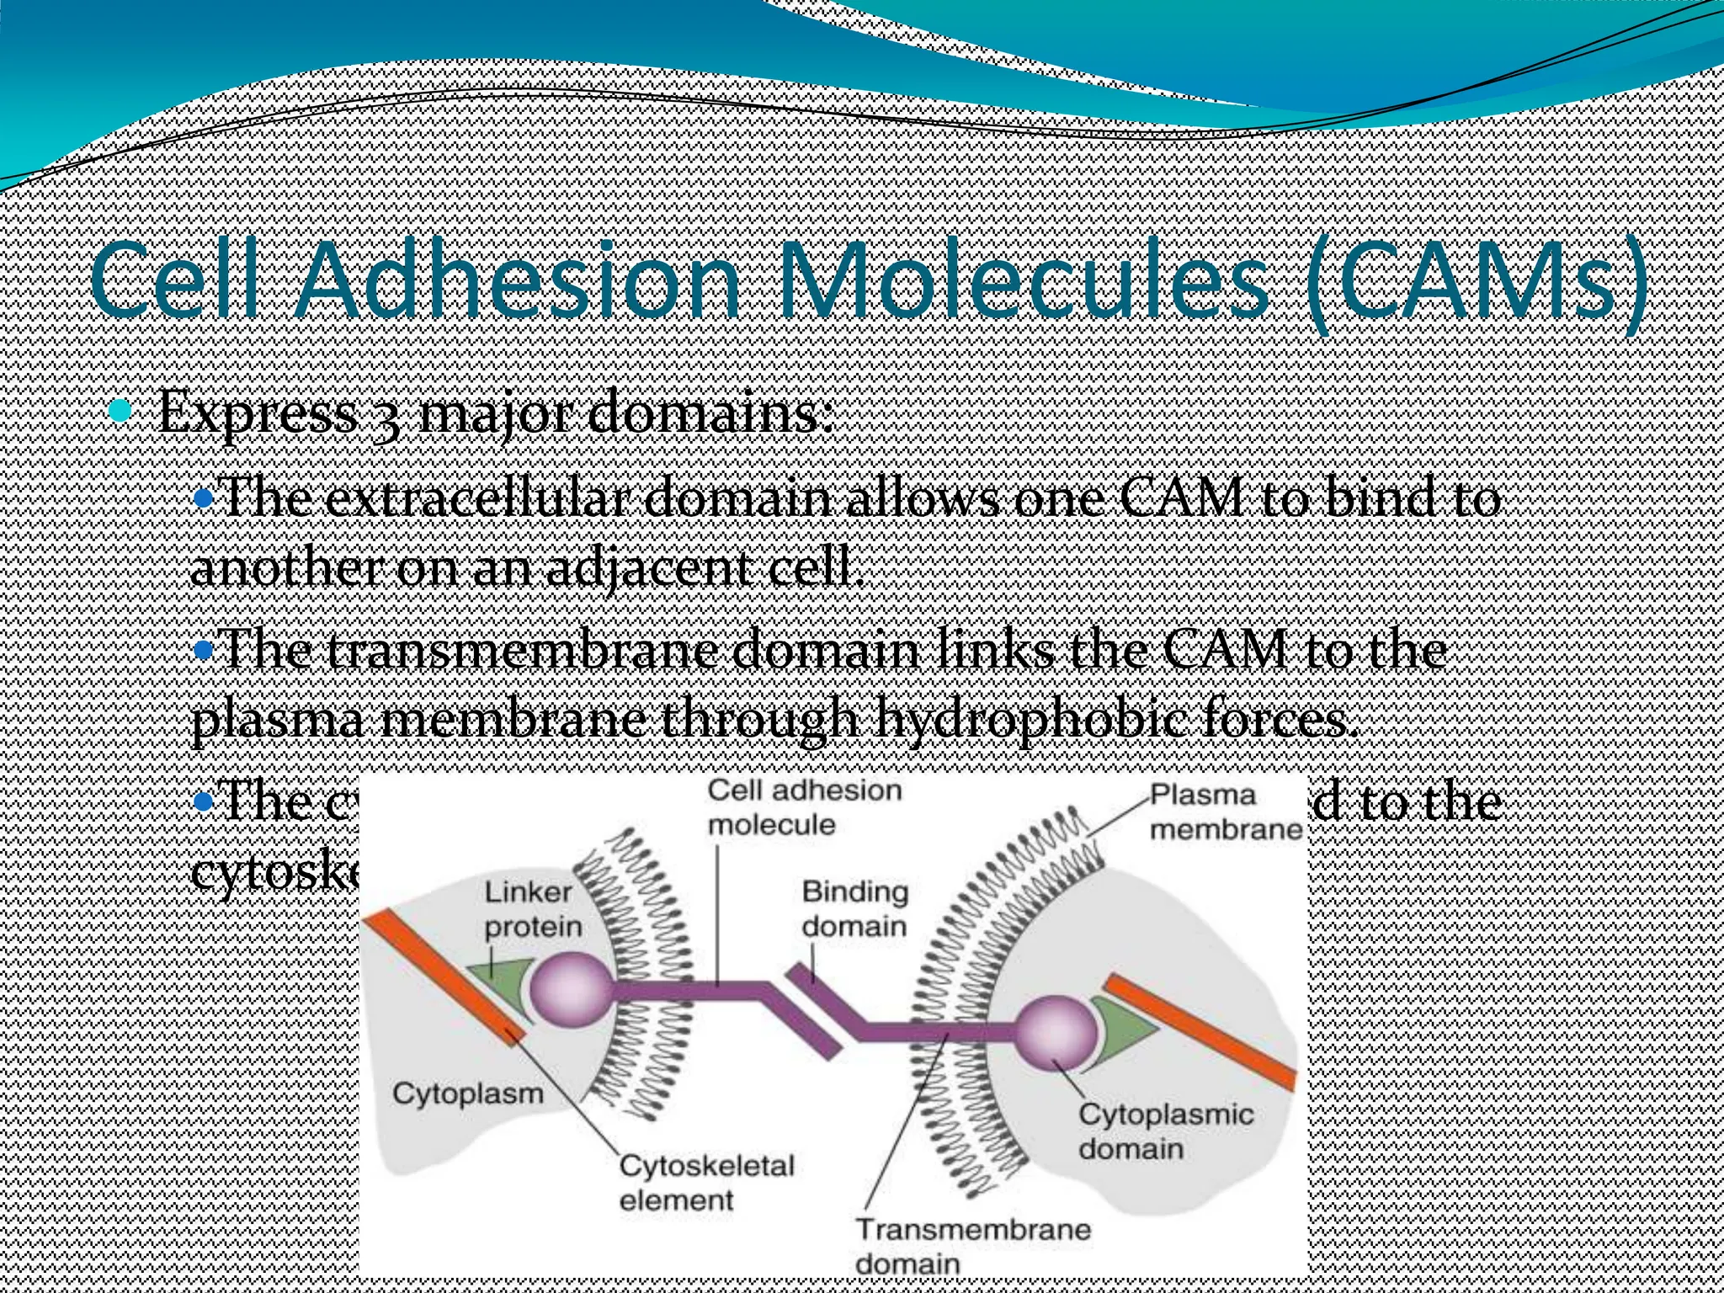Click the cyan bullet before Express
click(x=122, y=412)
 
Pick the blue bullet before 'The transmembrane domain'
click(x=202, y=650)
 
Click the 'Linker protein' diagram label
click(x=532, y=909)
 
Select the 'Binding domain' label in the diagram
click(x=854, y=908)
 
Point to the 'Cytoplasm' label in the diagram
click(x=467, y=1093)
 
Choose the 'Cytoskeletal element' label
click(x=705, y=1183)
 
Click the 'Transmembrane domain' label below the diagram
click(x=972, y=1245)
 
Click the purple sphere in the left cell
click(x=572, y=989)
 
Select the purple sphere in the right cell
click(x=1056, y=1033)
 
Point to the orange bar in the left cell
click(x=446, y=976)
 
